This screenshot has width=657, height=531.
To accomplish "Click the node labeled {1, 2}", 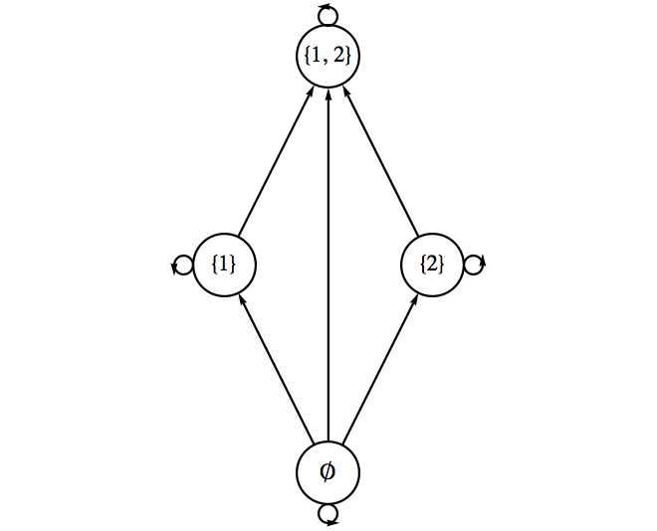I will pyautogui.click(x=328, y=56).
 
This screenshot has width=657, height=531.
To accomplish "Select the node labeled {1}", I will pyautogui.click(x=224, y=265).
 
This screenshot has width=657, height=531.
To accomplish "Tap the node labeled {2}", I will pyautogui.click(x=432, y=265).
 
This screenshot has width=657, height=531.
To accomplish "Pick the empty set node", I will pyautogui.click(x=328, y=472).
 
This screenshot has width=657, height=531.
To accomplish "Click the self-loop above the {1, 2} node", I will pyautogui.click(x=328, y=14).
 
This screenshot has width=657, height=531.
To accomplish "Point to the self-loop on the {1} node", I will pyautogui.click(x=182, y=265).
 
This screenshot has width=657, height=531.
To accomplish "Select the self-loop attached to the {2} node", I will pyautogui.click(x=474, y=265).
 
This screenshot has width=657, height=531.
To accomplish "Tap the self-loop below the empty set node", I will pyautogui.click(x=328, y=514).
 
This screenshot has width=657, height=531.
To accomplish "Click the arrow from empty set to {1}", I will pyautogui.click(x=276, y=368).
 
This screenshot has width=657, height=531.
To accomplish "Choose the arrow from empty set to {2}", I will pyautogui.click(x=379, y=368).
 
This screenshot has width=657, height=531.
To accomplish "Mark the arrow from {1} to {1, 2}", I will pyautogui.click(x=276, y=160).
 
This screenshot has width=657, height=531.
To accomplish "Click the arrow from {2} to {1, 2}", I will pyautogui.click(x=379, y=160).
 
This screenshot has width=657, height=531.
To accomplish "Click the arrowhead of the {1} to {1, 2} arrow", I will pyautogui.click(x=311, y=90).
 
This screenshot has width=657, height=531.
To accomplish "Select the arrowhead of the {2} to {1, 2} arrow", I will pyautogui.click(x=345, y=90).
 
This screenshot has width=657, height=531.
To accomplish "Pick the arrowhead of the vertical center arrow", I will pyautogui.click(x=328, y=92).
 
